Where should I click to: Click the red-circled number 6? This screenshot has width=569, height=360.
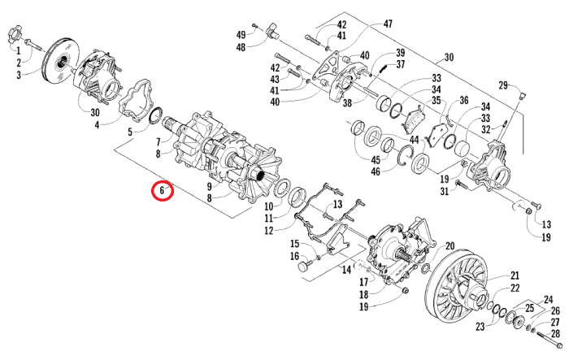[x=163, y=192]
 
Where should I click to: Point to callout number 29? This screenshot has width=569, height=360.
[x=503, y=85]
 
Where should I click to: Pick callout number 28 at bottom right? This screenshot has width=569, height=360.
[x=556, y=333]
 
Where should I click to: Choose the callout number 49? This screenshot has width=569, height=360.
[x=241, y=34]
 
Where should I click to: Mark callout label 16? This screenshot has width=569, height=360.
[x=294, y=257]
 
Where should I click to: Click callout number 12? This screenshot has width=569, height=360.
[x=268, y=231]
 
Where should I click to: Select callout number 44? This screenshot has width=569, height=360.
[x=414, y=141]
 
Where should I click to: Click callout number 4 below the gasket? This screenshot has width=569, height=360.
[x=97, y=125]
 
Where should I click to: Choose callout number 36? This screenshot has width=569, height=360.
[x=464, y=101]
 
